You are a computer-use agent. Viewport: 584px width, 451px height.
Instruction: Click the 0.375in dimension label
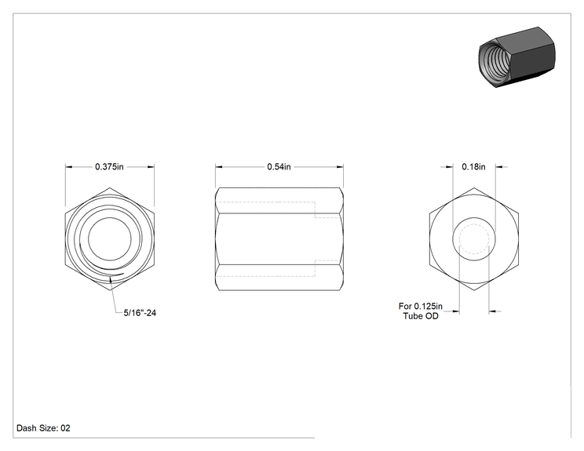coord(109,167)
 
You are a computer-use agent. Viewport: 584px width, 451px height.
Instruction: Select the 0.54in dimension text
coord(279,167)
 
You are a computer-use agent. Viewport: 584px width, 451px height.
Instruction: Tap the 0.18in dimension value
coord(474,167)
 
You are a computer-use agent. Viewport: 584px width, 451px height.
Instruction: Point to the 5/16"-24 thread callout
coord(140,313)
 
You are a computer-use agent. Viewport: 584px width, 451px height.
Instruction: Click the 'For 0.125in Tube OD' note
coord(421,311)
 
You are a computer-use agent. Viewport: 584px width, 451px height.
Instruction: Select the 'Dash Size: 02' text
coord(43,428)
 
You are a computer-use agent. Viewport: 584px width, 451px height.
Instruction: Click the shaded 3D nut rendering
coord(516,57)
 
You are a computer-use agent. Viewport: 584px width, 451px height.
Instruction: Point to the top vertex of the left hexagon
coord(110,188)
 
